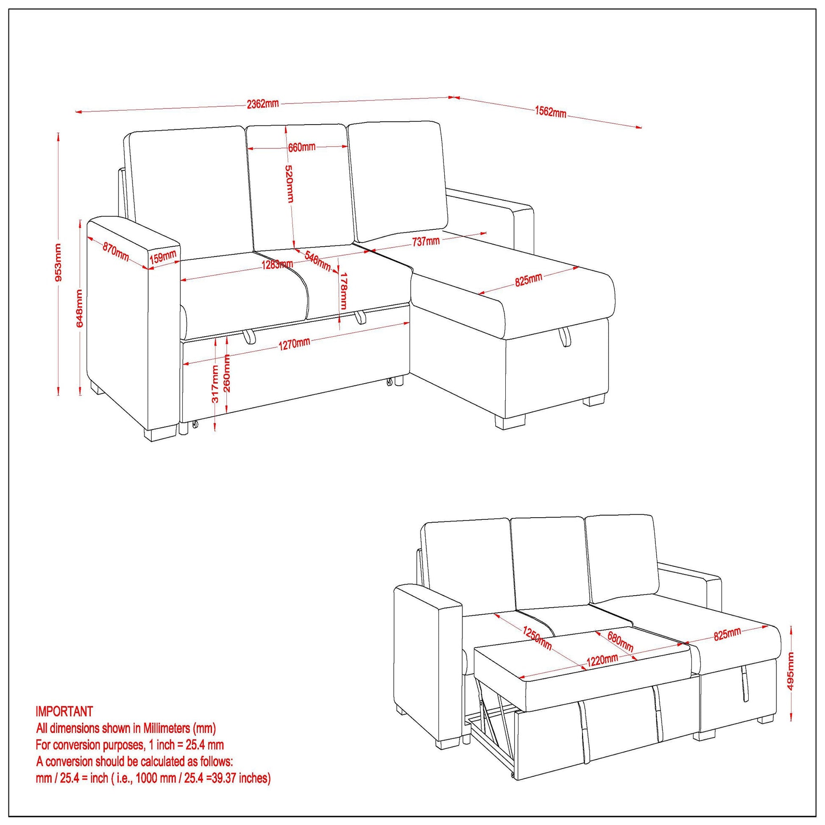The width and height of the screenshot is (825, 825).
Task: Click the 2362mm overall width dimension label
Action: click(262, 104)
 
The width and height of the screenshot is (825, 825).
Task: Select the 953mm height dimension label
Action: click(59, 262)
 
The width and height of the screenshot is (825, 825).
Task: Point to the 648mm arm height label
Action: click(80, 308)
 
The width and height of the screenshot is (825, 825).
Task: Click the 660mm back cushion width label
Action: click(301, 148)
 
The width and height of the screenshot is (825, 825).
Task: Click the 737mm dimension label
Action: click(426, 241)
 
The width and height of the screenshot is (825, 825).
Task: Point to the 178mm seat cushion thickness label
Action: click(343, 292)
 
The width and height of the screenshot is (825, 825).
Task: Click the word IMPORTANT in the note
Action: click(64, 711)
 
